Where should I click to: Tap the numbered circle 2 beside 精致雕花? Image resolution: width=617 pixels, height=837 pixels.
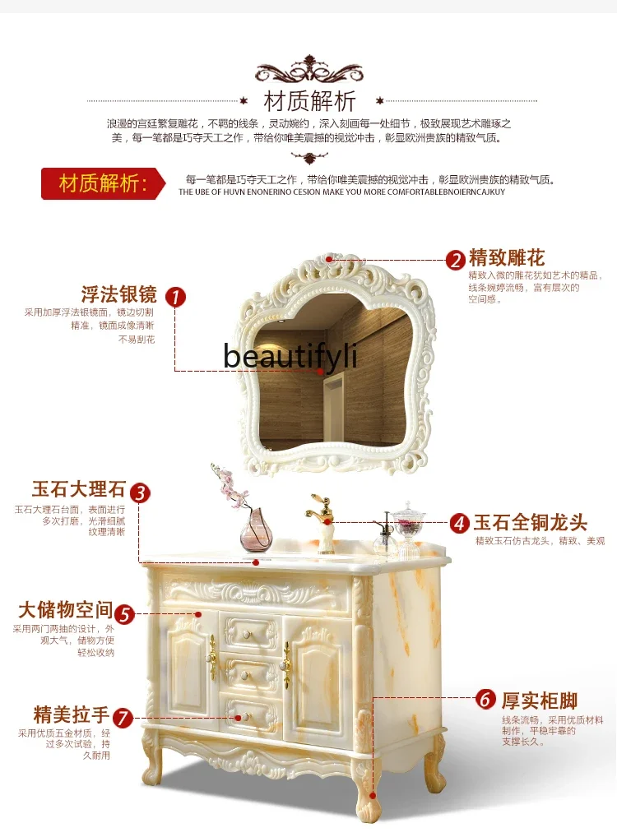click(x=456, y=260)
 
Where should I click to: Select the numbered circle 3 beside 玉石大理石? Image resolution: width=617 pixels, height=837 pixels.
click(x=141, y=492)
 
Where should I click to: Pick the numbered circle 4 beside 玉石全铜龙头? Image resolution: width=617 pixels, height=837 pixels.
click(x=459, y=523)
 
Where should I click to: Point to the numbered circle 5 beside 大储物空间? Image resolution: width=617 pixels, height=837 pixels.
click(x=124, y=613)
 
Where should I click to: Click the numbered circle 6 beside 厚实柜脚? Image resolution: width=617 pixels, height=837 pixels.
click(x=487, y=700)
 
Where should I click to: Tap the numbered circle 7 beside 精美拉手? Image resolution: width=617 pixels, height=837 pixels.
click(x=122, y=717)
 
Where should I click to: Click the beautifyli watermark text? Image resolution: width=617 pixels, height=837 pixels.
click(x=290, y=357)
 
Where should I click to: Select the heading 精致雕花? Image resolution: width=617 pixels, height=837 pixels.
click(x=507, y=258)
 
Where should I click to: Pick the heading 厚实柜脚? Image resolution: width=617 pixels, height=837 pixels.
click(x=540, y=701)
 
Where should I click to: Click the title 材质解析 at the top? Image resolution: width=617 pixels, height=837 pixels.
click(x=309, y=101)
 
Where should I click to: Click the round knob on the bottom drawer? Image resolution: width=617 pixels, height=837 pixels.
click(x=242, y=717)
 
